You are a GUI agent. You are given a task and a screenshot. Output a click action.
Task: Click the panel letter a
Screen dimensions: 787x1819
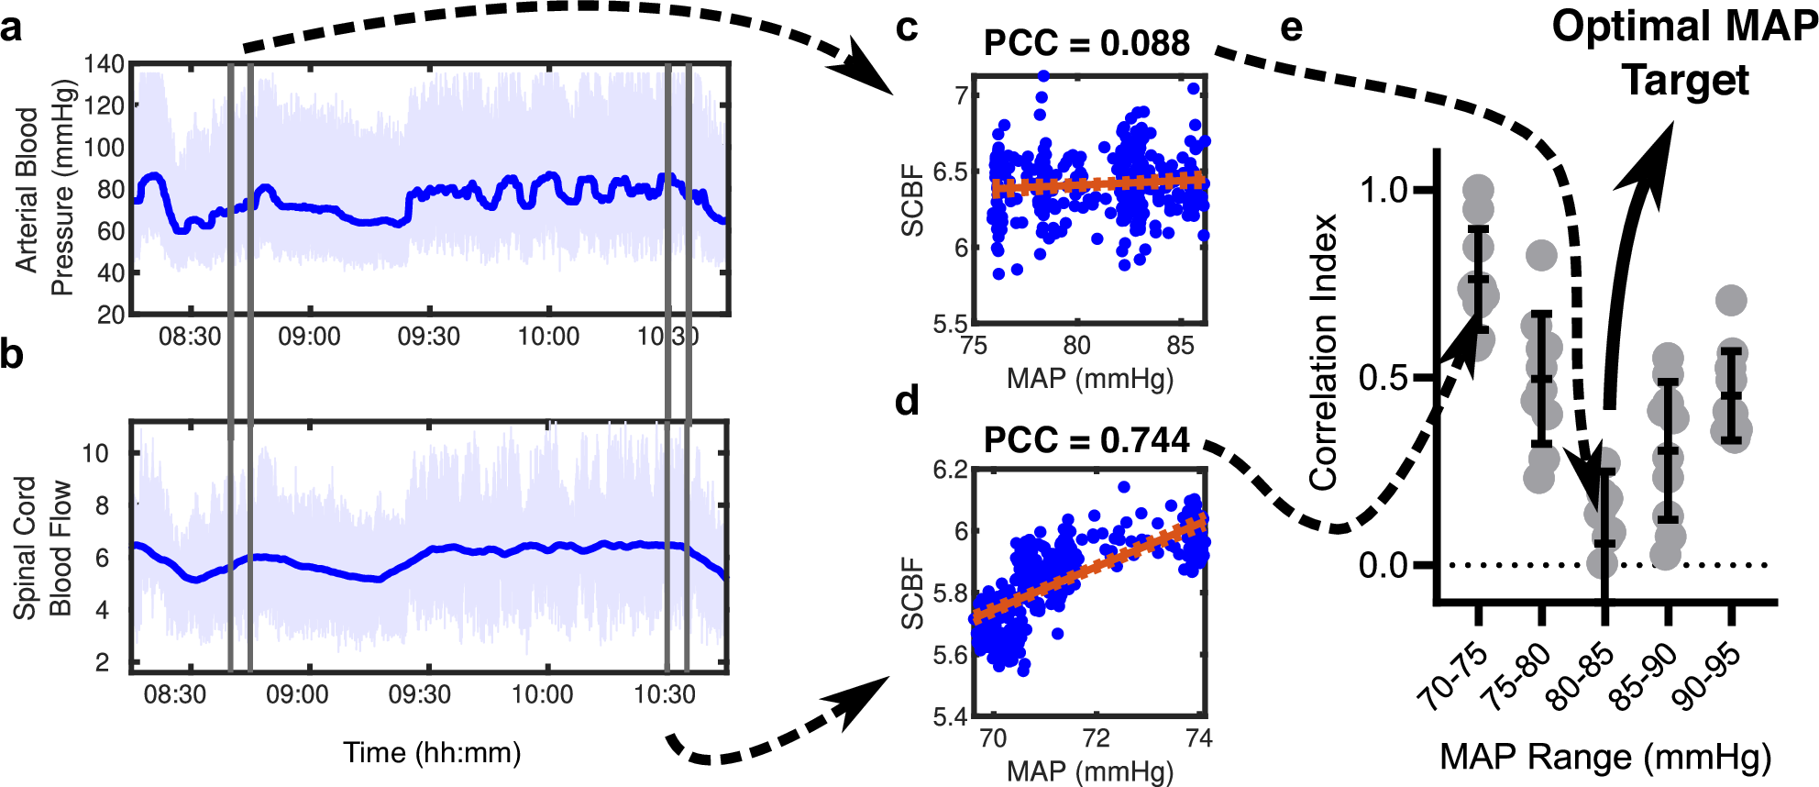pyautogui.click(x=11, y=28)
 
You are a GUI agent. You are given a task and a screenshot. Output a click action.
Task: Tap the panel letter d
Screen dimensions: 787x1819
pyautogui.click(x=906, y=401)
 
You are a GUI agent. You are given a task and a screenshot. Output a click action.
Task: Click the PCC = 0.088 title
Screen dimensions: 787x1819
pyautogui.click(x=1086, y=43)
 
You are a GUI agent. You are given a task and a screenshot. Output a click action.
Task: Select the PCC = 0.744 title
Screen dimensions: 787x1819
pyautogui.click(x=1086, y=440)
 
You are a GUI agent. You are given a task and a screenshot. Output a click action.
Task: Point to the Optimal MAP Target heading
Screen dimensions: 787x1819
pyautogui.click(x=1684, y=52)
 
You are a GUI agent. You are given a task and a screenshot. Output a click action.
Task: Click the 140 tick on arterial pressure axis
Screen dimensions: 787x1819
pyautogui.click(x=104, y=64)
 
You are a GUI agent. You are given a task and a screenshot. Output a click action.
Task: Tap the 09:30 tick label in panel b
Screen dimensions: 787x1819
pyautogui.click(x=419, y=694)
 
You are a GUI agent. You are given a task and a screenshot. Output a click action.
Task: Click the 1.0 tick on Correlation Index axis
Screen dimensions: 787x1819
pyautogui.click(x=1383, y=190)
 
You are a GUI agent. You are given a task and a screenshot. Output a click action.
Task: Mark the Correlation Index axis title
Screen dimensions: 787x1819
pyautogui.click(x=1323, y=353)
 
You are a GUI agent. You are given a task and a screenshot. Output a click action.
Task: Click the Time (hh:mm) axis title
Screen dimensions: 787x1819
pyautogui.click(x=432, y=753)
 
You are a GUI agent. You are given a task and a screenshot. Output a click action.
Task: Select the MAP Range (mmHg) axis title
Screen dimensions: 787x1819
pyautogui.click(x=1604, y=758)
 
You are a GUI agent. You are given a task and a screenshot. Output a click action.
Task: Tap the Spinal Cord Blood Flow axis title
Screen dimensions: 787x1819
pyautogui.click(x=42, y=548)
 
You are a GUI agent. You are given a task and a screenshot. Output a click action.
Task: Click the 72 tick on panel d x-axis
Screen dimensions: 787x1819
pyautogui.click(x=1096, y=738)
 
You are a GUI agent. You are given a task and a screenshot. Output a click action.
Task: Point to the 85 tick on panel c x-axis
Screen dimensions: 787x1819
pyautogui.click(x=1180, y=346)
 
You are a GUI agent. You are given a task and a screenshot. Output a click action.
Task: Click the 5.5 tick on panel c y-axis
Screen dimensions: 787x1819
pyautogui.click(x=950, y=324)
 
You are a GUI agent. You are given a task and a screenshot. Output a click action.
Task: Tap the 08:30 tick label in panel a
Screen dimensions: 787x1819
pyautogui.click(x=190, y=337)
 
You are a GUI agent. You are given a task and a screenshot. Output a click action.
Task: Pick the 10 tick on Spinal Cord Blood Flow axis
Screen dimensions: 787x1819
pyautogui.click(x=95, y=453)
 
